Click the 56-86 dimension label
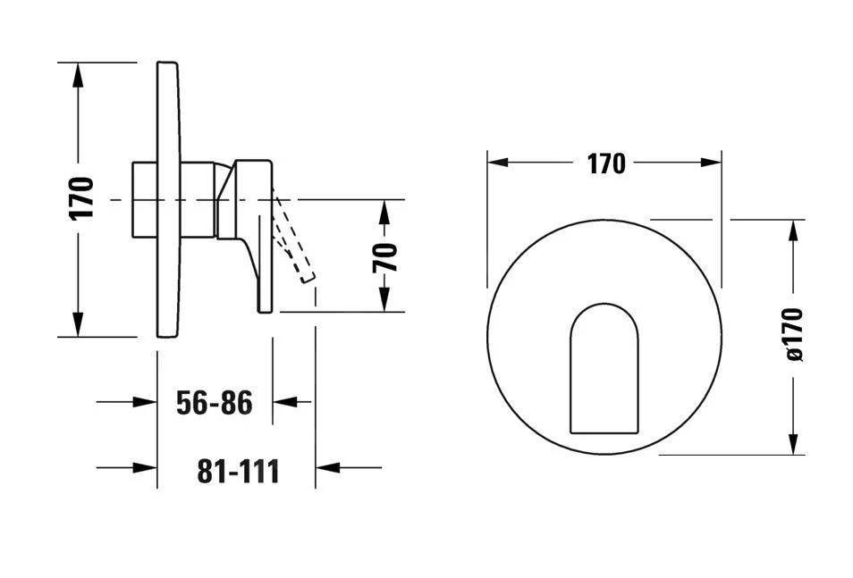point(215,403)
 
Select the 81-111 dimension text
point(238,472)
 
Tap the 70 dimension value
point(385,257)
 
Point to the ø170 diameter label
point(794,334)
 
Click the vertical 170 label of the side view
point(81,198)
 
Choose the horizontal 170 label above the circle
point(606,163)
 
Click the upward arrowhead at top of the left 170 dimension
point(79,74)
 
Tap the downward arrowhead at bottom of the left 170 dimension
point(79,324)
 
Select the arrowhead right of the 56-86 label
point(285,402)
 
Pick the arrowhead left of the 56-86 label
point(145,402)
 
